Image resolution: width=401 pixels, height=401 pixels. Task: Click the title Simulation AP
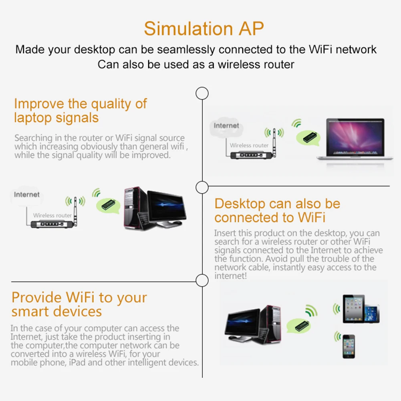(x=204, y=28)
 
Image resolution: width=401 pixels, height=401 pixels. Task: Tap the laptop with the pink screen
(x=355, y=139)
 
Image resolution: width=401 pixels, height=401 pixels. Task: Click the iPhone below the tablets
(x=349, y=347)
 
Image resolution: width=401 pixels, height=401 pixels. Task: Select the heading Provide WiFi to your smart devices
(x=79, y=304)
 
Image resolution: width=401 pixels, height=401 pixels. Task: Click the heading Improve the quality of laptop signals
(x=80, y=111)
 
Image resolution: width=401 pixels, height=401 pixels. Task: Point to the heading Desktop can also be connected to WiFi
(x=277, y=210)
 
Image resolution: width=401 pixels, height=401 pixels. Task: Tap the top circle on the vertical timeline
(x=202, y=93)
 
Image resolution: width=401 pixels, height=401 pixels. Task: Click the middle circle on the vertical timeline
(x=202, y=187)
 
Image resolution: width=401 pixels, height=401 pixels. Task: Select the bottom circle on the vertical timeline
(x=202, y=280)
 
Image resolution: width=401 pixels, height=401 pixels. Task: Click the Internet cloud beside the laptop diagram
(x=226, y=126)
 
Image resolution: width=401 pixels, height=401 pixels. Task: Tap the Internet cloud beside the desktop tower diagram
(x=26, y=195)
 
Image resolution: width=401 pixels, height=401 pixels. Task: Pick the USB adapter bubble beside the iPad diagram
(x=299, y=326)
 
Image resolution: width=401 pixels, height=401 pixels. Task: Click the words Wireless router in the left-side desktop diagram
(x=52, y=216)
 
